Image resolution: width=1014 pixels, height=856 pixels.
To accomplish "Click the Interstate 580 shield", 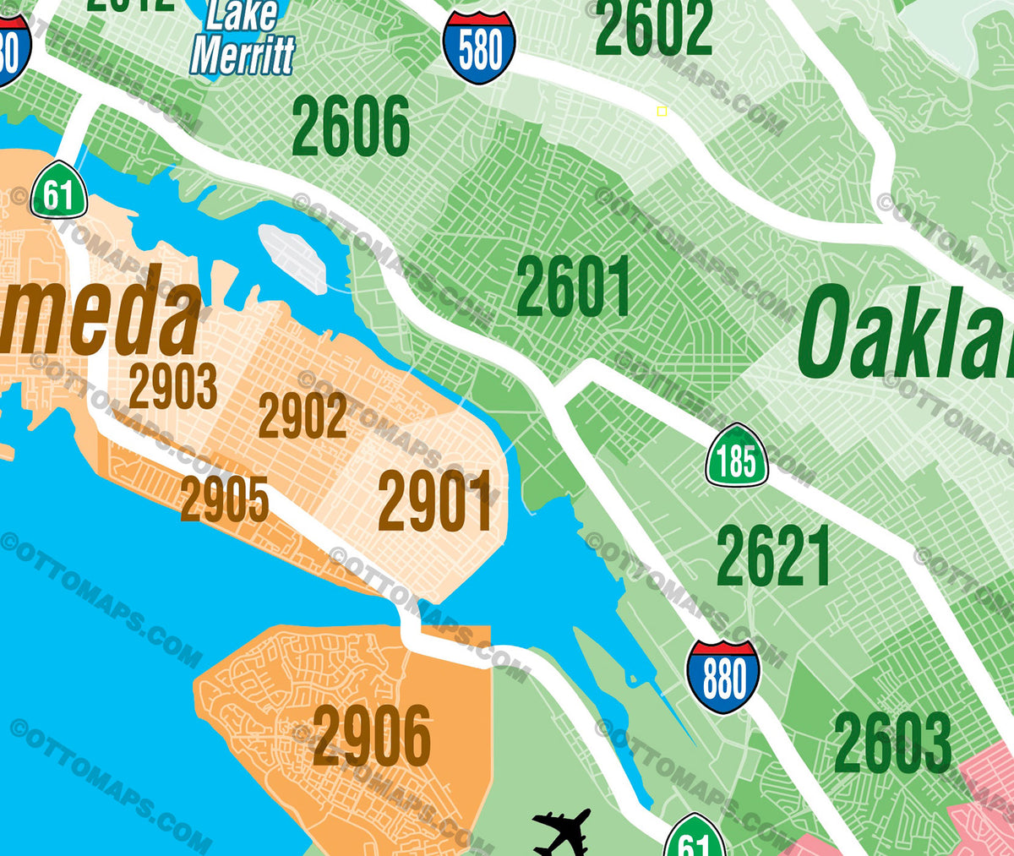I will [479, 48].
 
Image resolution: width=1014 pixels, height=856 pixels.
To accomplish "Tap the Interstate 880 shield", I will [723, 677].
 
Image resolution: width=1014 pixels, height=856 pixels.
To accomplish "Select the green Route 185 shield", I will [737, 457].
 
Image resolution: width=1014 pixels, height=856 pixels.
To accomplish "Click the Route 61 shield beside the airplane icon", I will [695, 838].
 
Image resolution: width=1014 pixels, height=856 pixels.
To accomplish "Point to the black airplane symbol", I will [561, 832].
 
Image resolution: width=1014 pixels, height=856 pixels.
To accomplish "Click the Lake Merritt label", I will [243, 38].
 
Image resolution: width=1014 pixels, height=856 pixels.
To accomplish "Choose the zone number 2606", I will [351, 127].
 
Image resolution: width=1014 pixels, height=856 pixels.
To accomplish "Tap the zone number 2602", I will [653, 28].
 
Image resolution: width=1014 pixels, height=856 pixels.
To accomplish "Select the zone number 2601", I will [574, 287].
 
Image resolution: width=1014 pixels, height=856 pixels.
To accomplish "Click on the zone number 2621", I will [773, 556].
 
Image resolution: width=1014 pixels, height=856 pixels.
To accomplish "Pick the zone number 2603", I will [892, 744].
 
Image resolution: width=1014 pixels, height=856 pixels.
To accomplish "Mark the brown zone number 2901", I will [435, 502].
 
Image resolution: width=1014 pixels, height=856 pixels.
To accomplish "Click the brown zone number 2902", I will [303, 417].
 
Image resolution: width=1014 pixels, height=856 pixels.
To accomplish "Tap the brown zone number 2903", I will [173, 388].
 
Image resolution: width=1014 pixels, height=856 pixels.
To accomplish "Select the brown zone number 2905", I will [224, 499].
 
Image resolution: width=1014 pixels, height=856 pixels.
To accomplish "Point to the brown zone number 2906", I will [372, 736].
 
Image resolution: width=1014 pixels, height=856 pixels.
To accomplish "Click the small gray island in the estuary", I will [292, 259].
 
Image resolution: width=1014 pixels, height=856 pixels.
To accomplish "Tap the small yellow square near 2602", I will [662, 112].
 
